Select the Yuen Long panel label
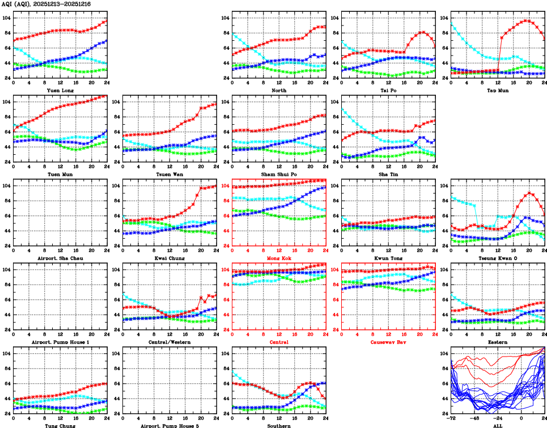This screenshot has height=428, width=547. click(60, 90)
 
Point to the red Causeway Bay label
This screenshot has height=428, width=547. click(388, 342)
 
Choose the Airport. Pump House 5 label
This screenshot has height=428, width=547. click(169, 425)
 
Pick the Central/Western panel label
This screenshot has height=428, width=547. click(169, 342)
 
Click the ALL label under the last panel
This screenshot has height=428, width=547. click(498, 425)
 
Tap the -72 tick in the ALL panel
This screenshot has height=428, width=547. click(452, 418)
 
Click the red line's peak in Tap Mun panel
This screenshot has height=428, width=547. click(525, 20)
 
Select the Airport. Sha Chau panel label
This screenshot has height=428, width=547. click(60, 258)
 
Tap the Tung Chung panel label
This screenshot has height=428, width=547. click(60, 425)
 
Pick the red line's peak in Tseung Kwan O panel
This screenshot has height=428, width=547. click(529, 193)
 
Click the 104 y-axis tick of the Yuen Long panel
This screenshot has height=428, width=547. click(6, 18)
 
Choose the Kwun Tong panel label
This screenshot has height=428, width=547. click(388, 258)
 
